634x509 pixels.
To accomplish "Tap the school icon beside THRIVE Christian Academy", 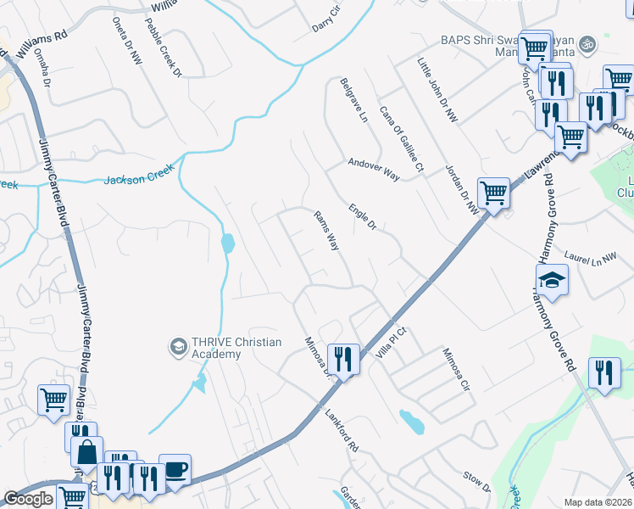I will click(178, 346).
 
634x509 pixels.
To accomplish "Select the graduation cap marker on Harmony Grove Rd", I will click(552, 280).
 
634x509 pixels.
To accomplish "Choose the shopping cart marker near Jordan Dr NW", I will click(493, 193).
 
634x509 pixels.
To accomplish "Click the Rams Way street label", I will click(327, 231).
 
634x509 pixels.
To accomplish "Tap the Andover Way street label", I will click(374, 168).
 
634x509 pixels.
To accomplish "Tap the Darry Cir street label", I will click(326, 17).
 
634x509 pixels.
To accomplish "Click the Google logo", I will click(29, 499).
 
